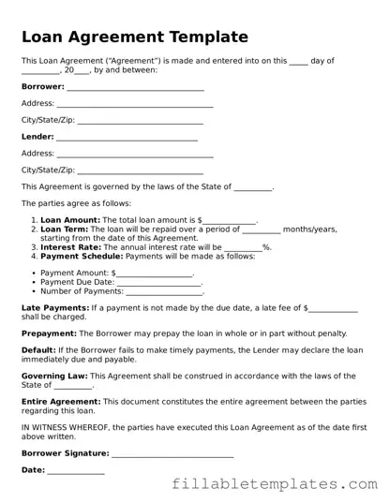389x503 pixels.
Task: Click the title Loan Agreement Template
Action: (134, 37)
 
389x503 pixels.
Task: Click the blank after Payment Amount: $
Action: (154, 274)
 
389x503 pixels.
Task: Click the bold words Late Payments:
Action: (56, 307)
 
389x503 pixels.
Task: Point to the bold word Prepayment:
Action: (49, 333)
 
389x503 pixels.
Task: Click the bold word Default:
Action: (38, 349)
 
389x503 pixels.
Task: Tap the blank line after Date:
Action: (76, 472)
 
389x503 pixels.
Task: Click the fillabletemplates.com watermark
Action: (278, 484)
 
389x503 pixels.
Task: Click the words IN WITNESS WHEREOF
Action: (66, 426)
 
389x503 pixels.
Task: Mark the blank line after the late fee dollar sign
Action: (333, 309)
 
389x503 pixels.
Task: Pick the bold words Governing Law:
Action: (54, 376)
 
